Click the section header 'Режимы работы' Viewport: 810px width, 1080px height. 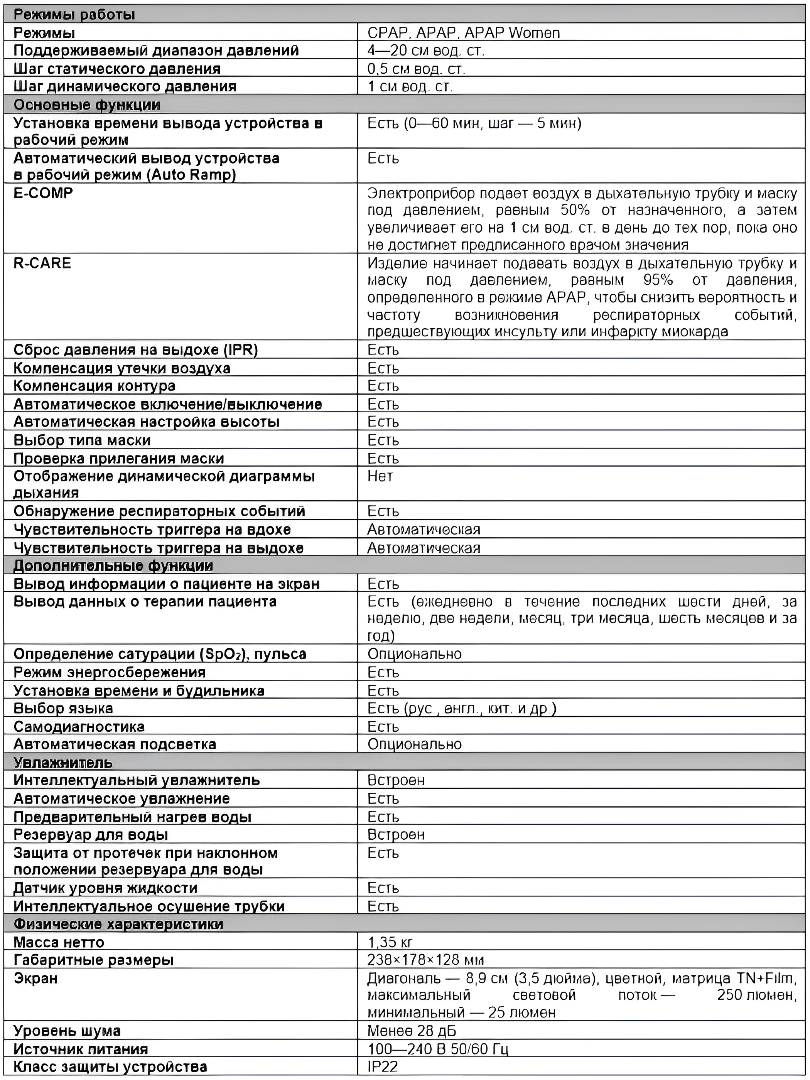(74, 15)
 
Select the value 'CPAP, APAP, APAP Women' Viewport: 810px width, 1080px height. (463, 33)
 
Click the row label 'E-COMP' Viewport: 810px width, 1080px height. (43, 193)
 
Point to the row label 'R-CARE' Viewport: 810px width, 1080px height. (42, 263)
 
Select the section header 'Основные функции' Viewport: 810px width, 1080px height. (87, 105)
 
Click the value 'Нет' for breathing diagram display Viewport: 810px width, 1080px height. (380, 476)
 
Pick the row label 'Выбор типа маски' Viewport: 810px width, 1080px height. (82, 440)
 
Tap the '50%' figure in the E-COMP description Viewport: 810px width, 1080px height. (575, 211)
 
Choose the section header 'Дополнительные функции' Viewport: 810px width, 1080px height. (113, 566)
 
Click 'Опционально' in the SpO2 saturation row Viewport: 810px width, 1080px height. (414, 654)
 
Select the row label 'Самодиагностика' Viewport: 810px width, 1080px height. (79, 727)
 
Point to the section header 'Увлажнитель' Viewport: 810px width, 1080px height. (63, 763)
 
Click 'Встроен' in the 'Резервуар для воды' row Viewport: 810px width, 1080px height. (395, 834)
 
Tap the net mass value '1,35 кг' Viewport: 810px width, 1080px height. (390, 942)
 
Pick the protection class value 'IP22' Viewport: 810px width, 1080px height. (383, 1067)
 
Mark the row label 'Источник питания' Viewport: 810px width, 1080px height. (81, 1049)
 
